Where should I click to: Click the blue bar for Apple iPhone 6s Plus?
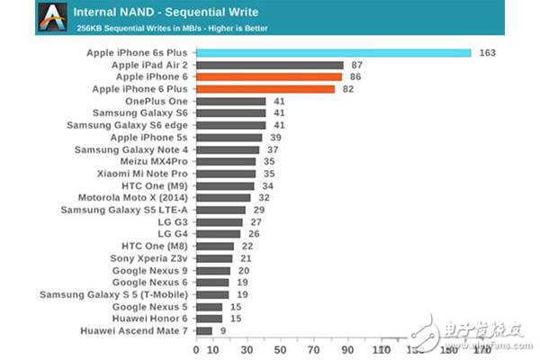pyautogui.click(x=333, y=53)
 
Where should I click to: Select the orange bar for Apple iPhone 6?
pyautogui.click(x=269, y=77)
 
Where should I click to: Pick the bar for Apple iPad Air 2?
pyautogui.click(x=270, y=66)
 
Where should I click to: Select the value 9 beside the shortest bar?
pyautogui.click(x=221, y=330)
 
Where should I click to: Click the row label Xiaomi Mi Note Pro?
pyautogui.click(x=142, y=173)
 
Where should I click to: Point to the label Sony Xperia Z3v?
pyautogui.click(x=149, y=257)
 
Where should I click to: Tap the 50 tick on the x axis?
pyautogui.click(x=280, y=347)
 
